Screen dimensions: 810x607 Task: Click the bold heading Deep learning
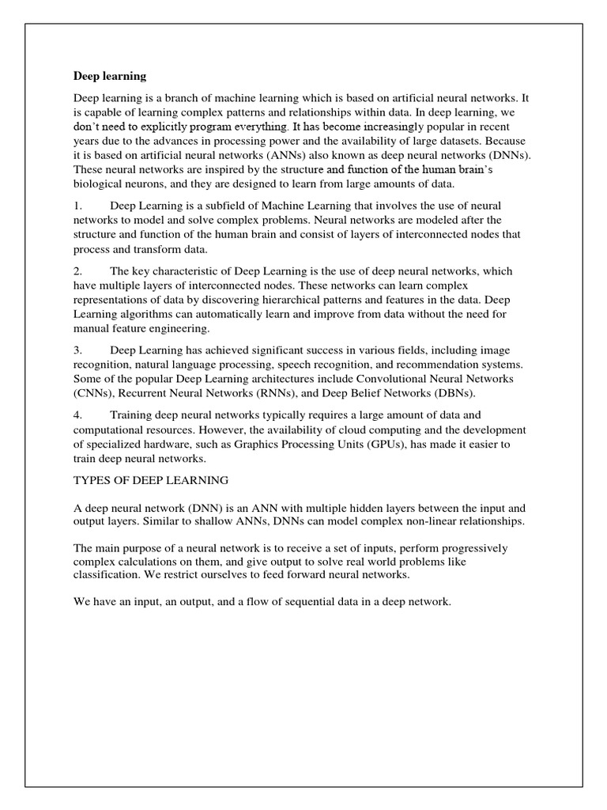(110, 77)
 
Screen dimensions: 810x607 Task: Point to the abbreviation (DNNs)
(510, 155)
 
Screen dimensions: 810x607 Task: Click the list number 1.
(77, 206)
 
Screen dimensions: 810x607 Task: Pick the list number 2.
(77, 271)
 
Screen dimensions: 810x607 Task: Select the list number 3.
(77, 350)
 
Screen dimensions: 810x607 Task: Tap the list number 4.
(77, 415)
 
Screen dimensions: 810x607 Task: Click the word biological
(100, 184)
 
